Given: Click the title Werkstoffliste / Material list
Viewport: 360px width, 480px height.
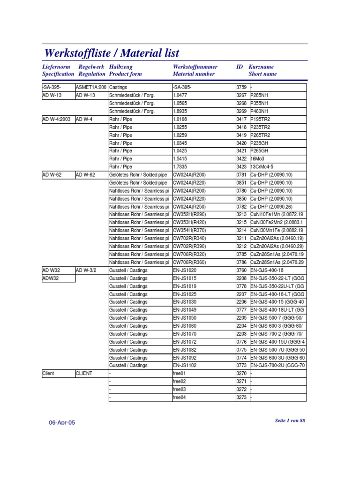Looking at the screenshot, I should pos(111,53).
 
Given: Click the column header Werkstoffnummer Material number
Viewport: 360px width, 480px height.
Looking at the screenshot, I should pos(194,71).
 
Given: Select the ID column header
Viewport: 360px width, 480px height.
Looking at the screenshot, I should pos(240,67).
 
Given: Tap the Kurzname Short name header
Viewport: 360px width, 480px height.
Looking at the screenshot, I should pos(262,71).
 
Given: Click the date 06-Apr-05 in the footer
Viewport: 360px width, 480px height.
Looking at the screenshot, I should pos(62,422).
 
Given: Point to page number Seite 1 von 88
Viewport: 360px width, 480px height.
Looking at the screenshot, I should pos(290,420).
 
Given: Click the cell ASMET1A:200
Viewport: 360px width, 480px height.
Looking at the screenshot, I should pos(91,88).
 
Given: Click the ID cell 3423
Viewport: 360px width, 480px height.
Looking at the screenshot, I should pos(241,167).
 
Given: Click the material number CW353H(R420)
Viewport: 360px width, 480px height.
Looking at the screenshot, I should pos(189,222).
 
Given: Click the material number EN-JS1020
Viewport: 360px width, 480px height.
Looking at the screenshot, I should pos(185,270).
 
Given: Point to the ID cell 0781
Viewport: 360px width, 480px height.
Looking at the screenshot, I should pos(241,175).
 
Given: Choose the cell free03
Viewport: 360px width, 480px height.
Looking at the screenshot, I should pos(179,390).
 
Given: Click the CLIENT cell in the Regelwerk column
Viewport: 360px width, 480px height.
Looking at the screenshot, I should pos(84,374).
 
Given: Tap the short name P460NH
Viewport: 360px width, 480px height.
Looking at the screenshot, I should pos(261,112).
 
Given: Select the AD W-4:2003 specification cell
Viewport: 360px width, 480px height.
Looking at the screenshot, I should pos(56,120).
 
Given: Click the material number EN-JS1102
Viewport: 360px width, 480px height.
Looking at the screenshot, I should pos(185,366).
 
